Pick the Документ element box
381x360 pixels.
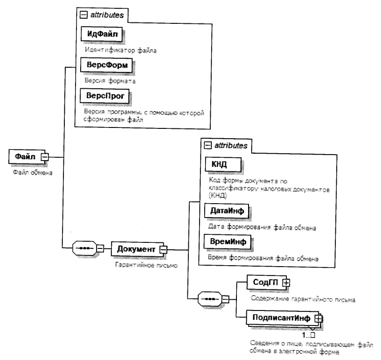(x=135, y=249)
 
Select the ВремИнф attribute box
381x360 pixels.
(x=226, y=242)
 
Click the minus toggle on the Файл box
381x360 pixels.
(x=45, y=157)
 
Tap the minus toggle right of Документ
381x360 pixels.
(x=163, y=249)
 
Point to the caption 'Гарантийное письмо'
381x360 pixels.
(x=137, y=264)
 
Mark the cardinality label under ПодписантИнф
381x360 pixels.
(x=308, y=335)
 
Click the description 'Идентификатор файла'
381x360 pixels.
(x=114, y=48)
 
